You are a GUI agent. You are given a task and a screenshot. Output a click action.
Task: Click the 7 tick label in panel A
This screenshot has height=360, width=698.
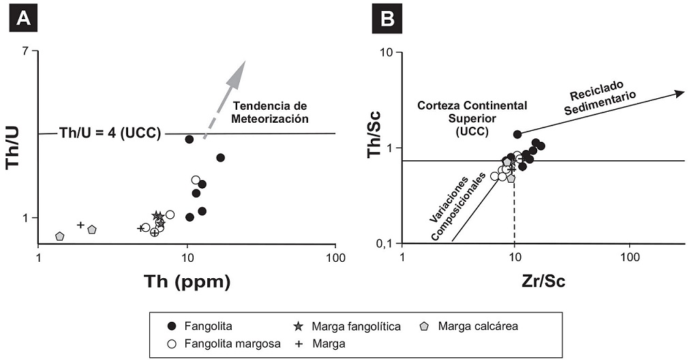tap(26, 52)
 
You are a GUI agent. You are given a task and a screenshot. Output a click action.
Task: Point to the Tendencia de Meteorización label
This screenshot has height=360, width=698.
tap(271, 112)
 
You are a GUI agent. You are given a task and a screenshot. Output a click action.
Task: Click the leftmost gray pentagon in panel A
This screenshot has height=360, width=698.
tap(60, 236)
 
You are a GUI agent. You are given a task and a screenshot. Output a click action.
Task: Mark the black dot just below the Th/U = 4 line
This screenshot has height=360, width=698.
tap(189, 139)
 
